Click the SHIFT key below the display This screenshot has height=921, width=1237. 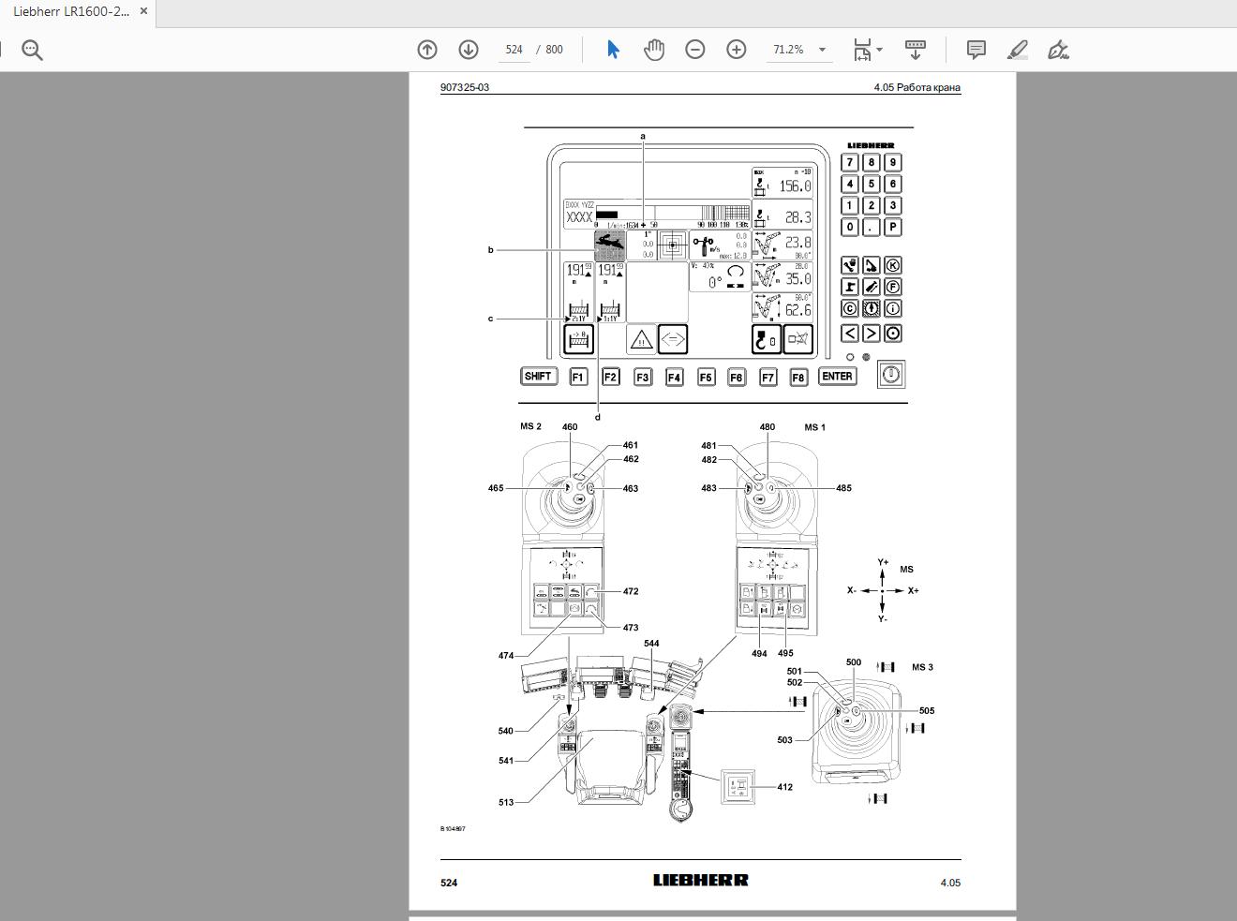click(538, 376)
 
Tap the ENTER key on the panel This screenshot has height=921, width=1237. click(837, 376)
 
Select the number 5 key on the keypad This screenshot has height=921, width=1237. click(871, 184)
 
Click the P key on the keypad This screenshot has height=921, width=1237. click(892, 227)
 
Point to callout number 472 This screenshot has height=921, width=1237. click(630, 591)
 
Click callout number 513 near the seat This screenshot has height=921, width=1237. click(506, 802)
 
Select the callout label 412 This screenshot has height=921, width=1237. click(784, 787)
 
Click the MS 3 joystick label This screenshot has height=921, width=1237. click(922, 667)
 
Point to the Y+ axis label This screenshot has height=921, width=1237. click(883, 562)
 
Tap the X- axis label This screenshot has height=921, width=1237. click(852, 590)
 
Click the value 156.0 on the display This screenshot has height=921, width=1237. click(795, 186)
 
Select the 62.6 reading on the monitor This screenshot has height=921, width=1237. click(797, 310)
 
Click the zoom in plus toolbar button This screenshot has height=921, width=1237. click(737, 50)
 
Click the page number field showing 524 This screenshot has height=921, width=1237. click(514, 50)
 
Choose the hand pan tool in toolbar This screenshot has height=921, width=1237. click(654, 50)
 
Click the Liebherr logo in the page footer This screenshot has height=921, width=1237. click(700, 880)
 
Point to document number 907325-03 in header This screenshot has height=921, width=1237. click(465, 87)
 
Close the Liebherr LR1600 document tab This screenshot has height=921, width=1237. click(143, 11)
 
